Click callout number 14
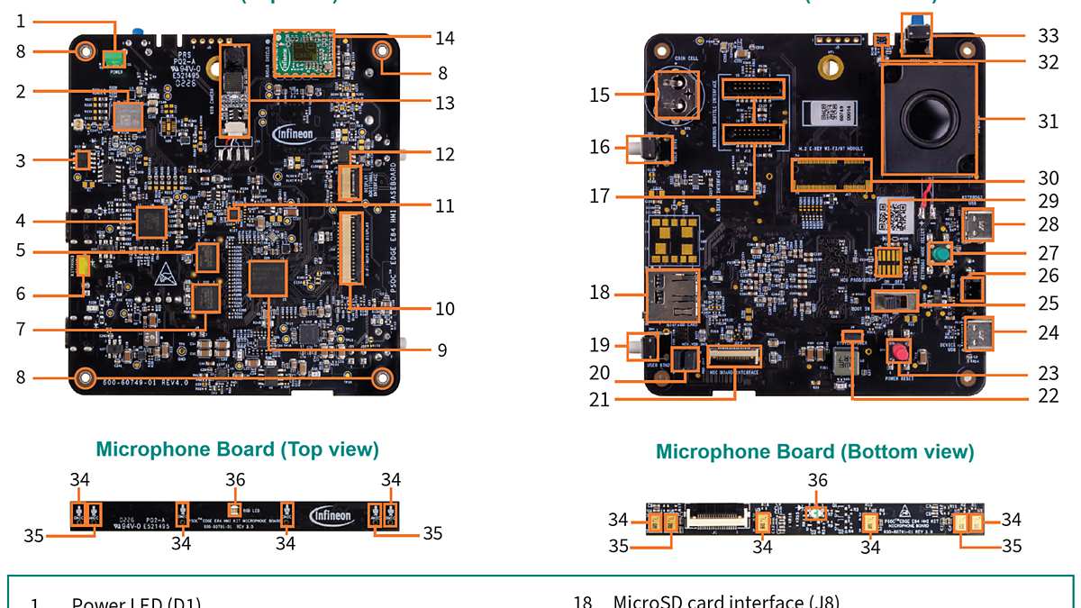[444, 39]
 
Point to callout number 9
[442, 349]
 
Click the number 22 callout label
[1048, 395]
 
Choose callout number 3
[20, 160]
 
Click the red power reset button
[898, 351]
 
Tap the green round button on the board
[941, 255]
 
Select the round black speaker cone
[928, 117]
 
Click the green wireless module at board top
[304, 54]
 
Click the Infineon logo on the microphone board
[332, 515]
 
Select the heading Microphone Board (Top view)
[237, 449]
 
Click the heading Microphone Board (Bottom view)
[814, 451]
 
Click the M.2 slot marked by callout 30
[831, 174]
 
